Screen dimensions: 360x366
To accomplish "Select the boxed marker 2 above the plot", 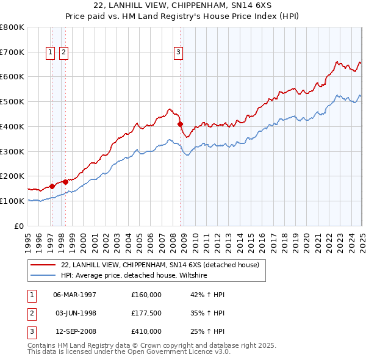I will [63, 53].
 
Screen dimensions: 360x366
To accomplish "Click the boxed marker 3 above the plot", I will [179, 53].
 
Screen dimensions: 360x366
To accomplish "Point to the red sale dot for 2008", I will [181, 124].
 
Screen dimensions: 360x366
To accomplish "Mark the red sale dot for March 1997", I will [52, 185].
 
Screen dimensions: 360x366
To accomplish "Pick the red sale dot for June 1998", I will [65, 181].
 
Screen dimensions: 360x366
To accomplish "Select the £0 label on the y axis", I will [20, 226].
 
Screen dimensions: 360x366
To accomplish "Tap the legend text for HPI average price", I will [134, 275].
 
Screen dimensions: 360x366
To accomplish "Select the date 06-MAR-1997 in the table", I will [75, 295].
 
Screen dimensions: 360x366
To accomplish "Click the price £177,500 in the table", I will [146, 314].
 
